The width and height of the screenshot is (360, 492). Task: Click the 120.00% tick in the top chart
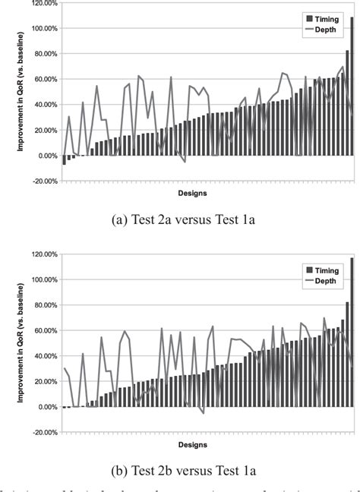(40, 3)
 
